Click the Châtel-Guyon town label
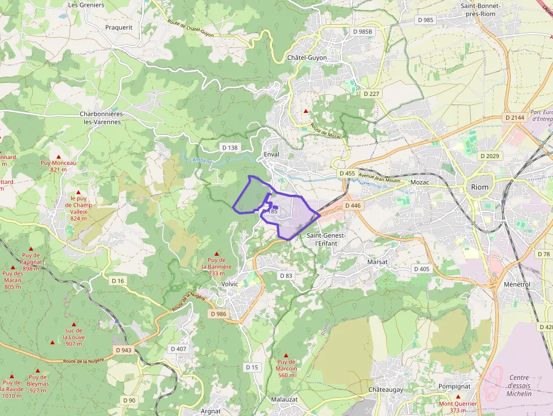click(x=307, y=58)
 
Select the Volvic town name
click(x=230, y=284)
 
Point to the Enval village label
click(x=271, y=154)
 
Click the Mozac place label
click(x=420, y=183)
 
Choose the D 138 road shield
click(x=230, y=147)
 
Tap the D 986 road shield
click(x=218, y=313)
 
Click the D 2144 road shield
click(x=514, y=117)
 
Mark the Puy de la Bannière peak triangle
click(x=216, y=254)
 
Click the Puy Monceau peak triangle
click(x=58, y=156)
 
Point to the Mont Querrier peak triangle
click(x=458, y=397)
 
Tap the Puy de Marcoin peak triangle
click(x=286, y=356)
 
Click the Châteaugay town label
click(x=386, y=390)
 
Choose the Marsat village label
click(x=378, y=262)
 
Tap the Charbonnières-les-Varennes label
click(x=102, y=117)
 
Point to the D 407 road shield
click(x=178, y=349)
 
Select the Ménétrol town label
click(x=517, y=284)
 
